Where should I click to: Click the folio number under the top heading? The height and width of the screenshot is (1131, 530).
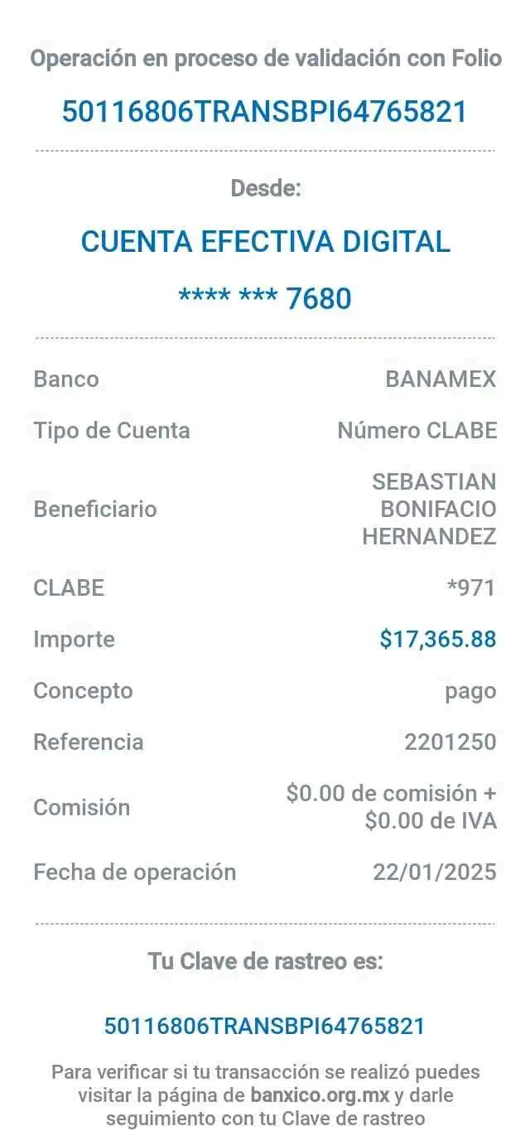(x=265, y=111)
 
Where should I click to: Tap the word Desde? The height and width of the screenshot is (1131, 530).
(x=265, y=189)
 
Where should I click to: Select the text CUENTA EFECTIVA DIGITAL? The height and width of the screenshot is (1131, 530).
(x=265, y=242)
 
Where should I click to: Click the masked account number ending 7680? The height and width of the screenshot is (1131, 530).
(x=265, y=297)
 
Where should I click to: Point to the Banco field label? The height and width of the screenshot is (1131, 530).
(x=65, y=379)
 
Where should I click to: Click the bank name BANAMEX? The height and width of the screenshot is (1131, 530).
(x=441, y=379)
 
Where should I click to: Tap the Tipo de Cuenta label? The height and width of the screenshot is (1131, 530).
(x=112, y=430)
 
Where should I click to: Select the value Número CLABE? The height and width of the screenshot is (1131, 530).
(x=417, y=430)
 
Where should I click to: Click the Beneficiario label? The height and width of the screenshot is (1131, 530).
(x=94, y=509)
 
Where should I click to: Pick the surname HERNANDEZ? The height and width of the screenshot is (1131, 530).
(x=429, y=537)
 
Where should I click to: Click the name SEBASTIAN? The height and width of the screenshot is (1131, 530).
(x=434, y=481)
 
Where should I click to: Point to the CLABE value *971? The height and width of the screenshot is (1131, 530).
(x=470, y=587)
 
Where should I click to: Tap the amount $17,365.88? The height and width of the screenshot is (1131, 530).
(x=437, y=639)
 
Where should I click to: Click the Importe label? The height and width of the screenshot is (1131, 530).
(x=74, y=639)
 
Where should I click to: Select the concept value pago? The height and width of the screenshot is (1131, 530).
(x=470, y=690)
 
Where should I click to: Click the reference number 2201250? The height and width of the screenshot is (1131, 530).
(x=450, y=742)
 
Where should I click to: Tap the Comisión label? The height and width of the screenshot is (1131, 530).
(x=81, y=807)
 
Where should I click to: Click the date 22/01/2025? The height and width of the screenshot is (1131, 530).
(x=435, y=872)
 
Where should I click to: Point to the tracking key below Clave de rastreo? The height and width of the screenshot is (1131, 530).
(x=264, y=1026)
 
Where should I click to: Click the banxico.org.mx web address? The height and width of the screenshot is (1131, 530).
(x=319, y=1095)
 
